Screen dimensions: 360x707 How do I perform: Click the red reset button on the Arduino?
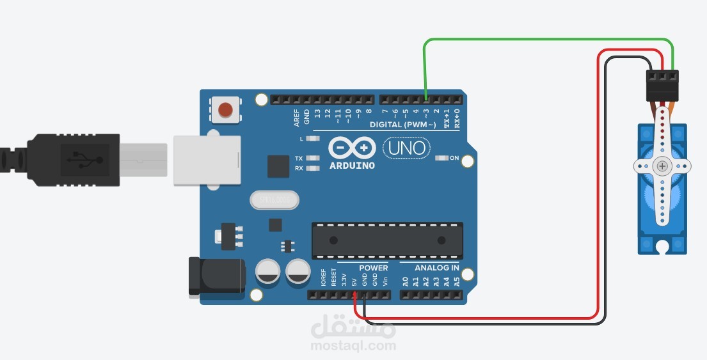[225, 111]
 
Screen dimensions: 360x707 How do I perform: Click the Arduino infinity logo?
[351, 148]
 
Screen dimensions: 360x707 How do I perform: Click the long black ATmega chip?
[387, 240]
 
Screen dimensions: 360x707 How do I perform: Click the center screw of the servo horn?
[662, 166]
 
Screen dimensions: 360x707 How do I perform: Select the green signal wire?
[544, 40]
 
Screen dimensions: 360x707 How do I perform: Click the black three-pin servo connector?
[662, 85]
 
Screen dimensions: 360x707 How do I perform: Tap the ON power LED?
[441, 158]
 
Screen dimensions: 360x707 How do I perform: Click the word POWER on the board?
[374, 268]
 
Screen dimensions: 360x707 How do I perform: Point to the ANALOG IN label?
[436, 268]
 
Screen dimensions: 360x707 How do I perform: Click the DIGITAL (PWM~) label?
[402, 125]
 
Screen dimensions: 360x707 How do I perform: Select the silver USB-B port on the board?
[207, 160]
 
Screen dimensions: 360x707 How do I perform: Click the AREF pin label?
[296, 117]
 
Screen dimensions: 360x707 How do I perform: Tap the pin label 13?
[317, 115]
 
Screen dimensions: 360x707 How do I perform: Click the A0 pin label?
[405, 281]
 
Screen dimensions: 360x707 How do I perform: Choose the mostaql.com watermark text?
[354, 346]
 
